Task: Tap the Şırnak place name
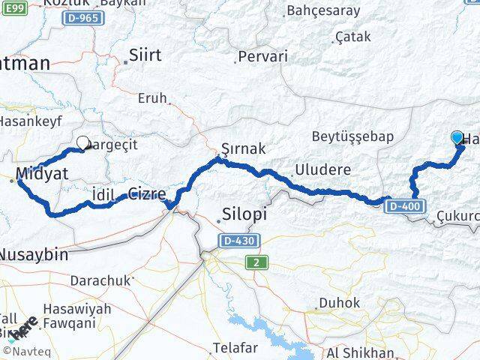243,148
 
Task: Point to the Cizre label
147,193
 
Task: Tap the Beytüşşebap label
352,136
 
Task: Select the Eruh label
152,98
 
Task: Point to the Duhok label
334,303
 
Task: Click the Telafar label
235,347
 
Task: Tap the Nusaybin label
32,254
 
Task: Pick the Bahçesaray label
323,10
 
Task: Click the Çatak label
352,36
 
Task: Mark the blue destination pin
457,138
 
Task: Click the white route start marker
82,141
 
